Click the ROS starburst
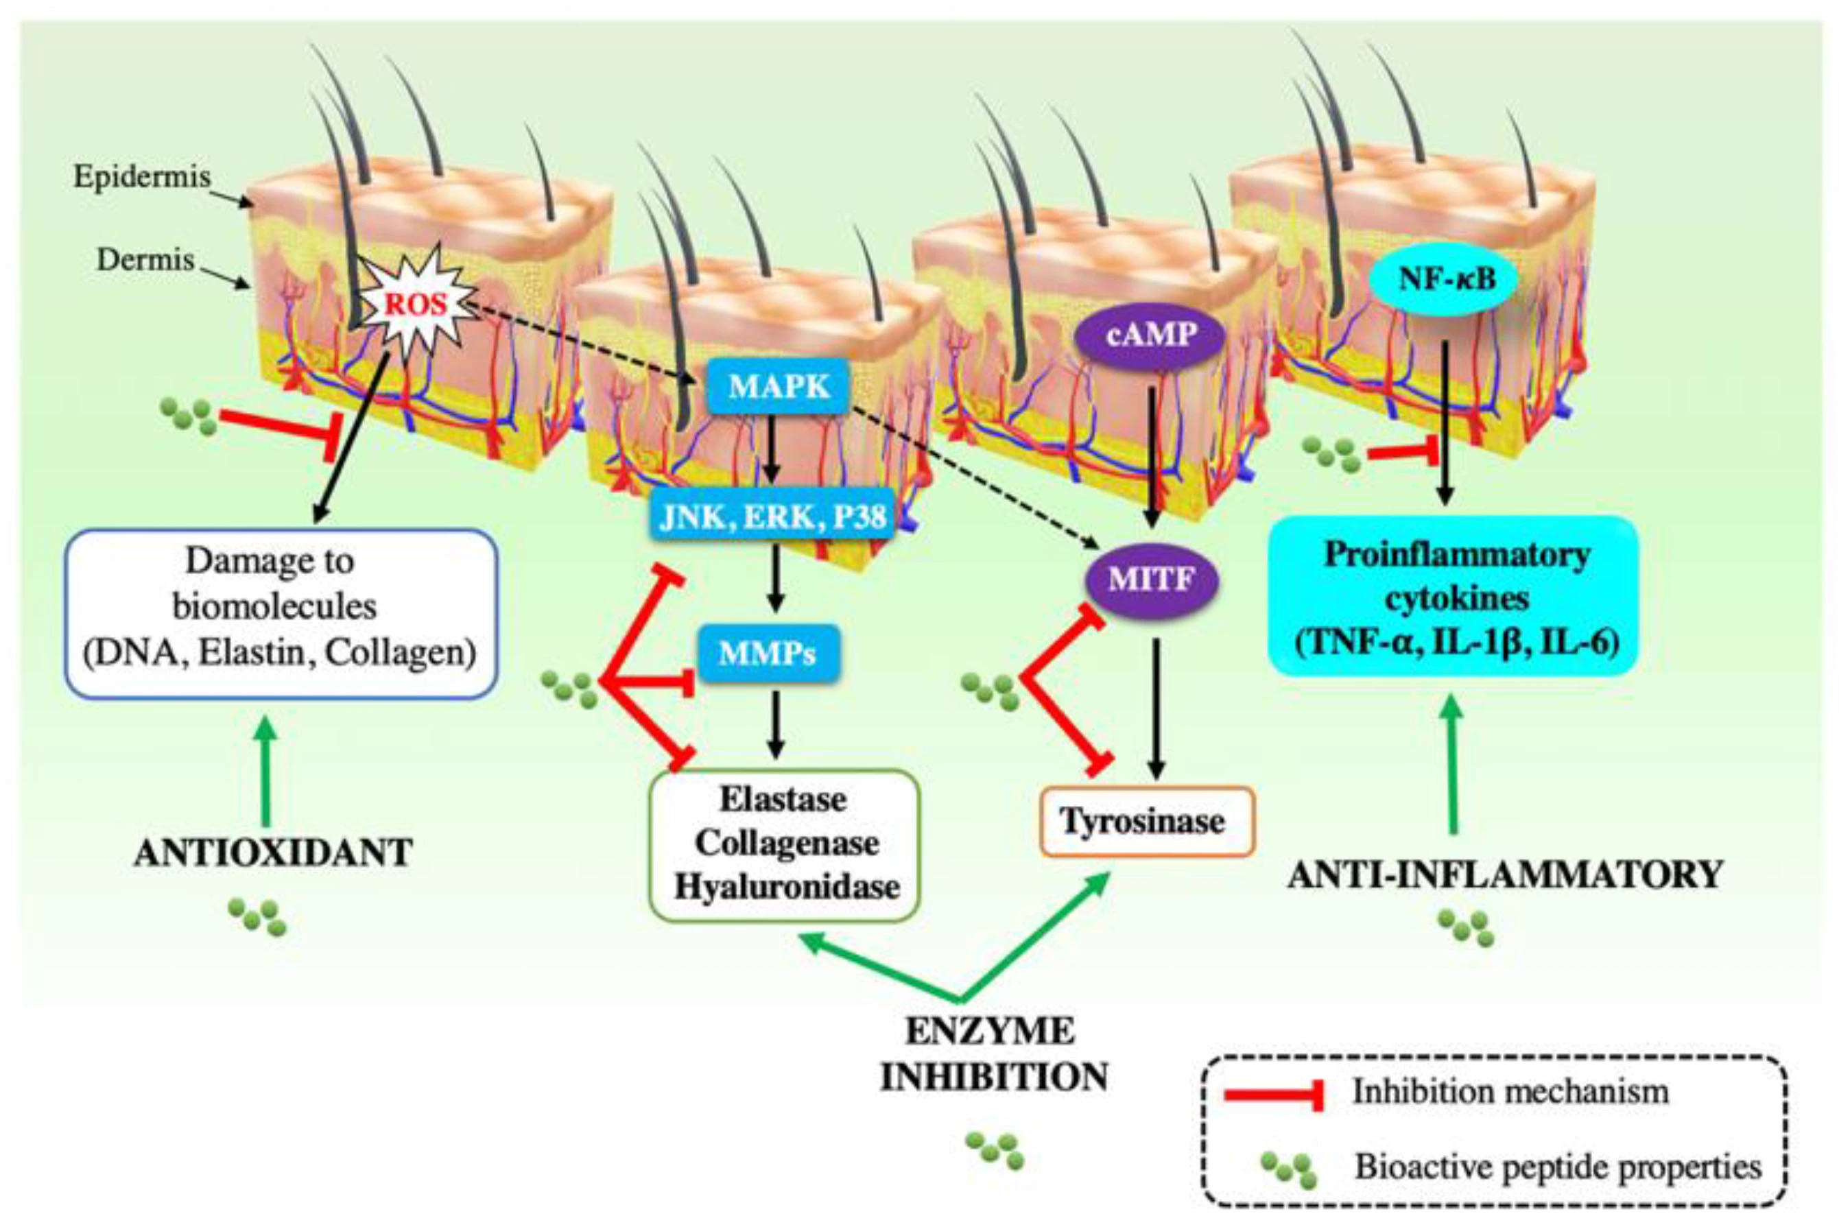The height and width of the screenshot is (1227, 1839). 416,303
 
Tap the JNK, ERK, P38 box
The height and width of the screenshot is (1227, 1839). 772,516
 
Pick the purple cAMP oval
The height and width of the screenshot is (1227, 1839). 1150,335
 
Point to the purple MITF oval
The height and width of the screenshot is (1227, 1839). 1151,579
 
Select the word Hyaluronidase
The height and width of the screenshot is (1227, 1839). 787,888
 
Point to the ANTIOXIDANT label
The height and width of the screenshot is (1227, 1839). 273,853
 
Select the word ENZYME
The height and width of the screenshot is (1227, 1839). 990,1032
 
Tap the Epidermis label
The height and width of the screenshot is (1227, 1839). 141,176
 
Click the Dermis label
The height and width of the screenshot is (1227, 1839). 145,259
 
